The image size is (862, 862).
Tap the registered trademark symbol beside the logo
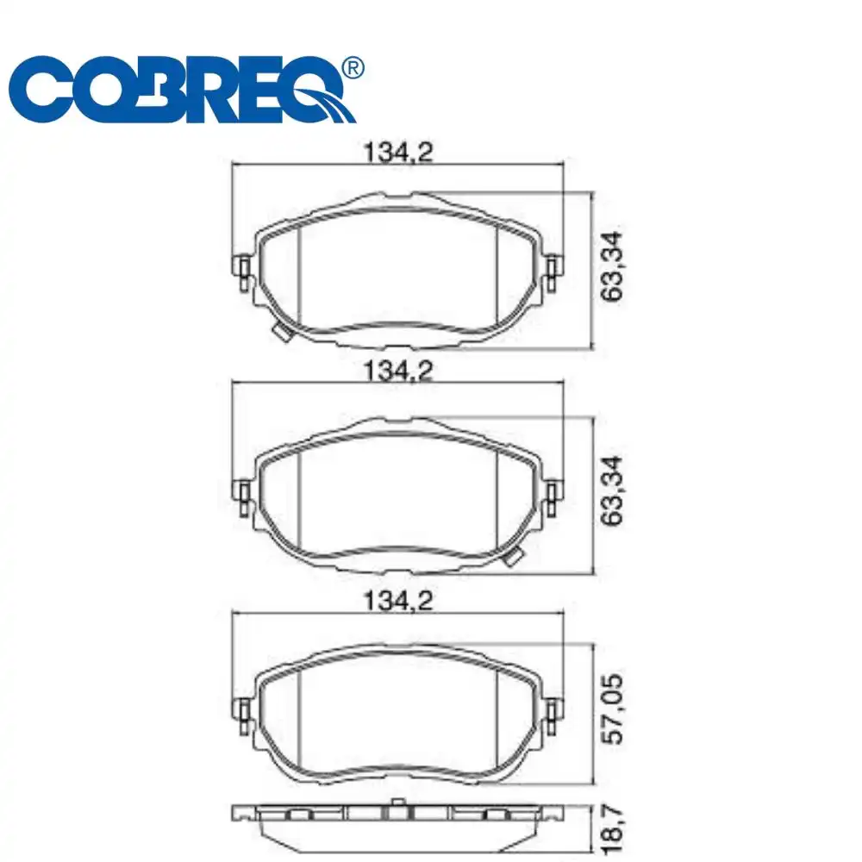[353, 67]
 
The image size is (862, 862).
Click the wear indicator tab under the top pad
[281, 334]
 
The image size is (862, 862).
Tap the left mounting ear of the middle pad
[243, 492]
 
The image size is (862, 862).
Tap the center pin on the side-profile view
[397, 807]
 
